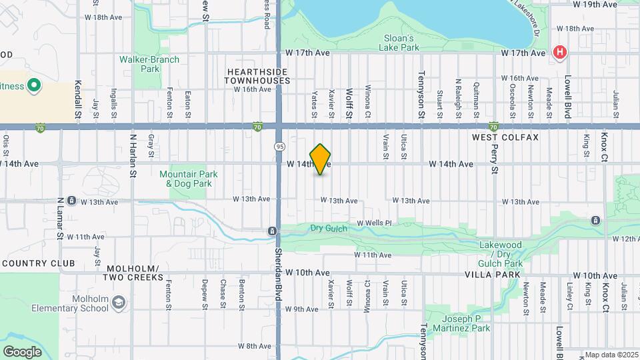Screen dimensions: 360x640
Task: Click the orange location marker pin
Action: pyautogui.click(x=321, y=159)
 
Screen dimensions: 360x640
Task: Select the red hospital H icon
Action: pyautogui.click(x=560, y=52)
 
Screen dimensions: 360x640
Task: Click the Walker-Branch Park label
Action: pyautogui.click(x=149, y=64)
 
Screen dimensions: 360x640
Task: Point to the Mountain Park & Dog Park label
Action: pyautogui.click(x=189, y=179)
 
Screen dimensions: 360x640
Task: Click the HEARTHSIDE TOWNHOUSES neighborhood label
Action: pyautogui.click(x=258, y=75)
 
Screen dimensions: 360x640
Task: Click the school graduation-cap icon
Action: pyautogui.click(x=119, y=303)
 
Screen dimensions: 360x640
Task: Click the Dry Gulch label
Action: pyautogui.click(x=326, y=228)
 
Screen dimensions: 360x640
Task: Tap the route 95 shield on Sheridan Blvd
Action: pyautogui.click(x=279, y=146)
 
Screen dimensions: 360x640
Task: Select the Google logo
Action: pyautogui.click(x=22, y=351)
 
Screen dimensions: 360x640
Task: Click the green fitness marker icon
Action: pyautogui.click(x=34, y=86)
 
